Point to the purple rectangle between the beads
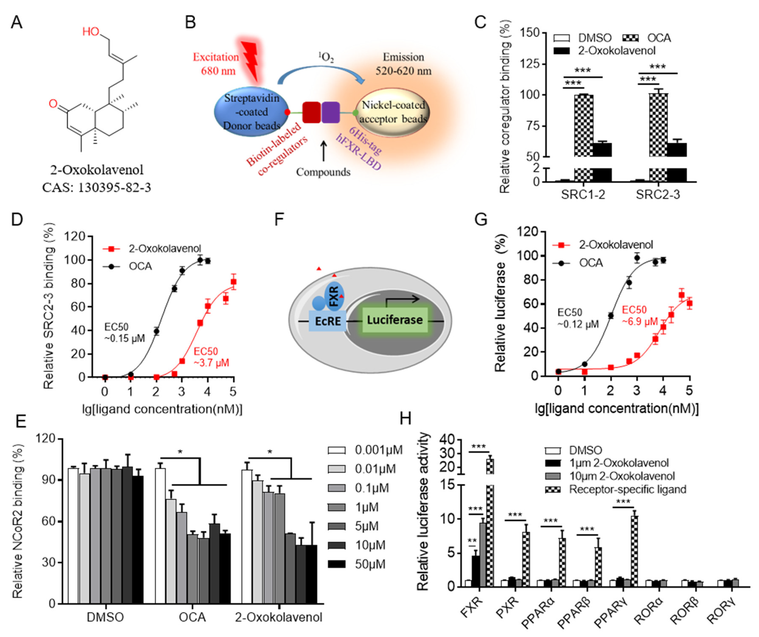click(x=330, y=112)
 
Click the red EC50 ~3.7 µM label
click(x=211, y=357)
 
